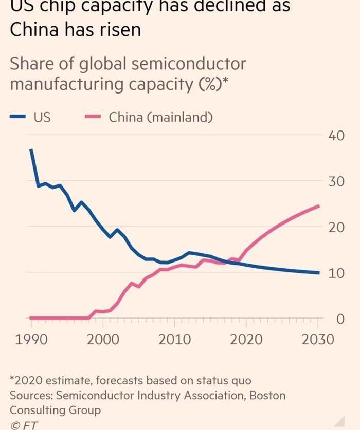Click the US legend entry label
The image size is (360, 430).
[42, 118]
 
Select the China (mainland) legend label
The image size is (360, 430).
[160, 118]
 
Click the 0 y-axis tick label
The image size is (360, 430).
[340, 319]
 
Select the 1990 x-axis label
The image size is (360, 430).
[31, 340]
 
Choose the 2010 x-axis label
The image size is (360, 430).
[174, 340]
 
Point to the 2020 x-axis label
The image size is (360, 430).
[246, 340]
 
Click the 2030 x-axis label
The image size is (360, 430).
[318, 340]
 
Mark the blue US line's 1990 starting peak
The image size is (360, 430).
[31, 149]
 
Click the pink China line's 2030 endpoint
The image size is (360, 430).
[319, 206]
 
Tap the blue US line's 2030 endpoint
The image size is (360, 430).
[319, 273]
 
